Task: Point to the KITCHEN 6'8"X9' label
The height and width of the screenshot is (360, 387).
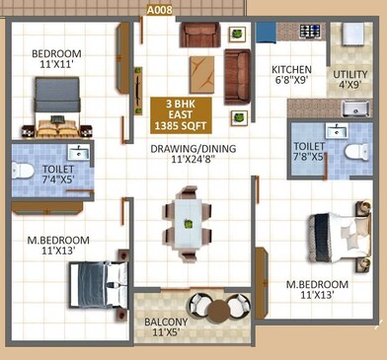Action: pos(292,77)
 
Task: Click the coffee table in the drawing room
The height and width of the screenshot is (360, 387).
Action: pos(203,72)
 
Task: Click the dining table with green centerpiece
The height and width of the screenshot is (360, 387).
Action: pos(186,224)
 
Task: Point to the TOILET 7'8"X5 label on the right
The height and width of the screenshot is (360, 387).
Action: pos(315,152)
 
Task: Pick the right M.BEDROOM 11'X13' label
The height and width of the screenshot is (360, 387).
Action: pos(316,292)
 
